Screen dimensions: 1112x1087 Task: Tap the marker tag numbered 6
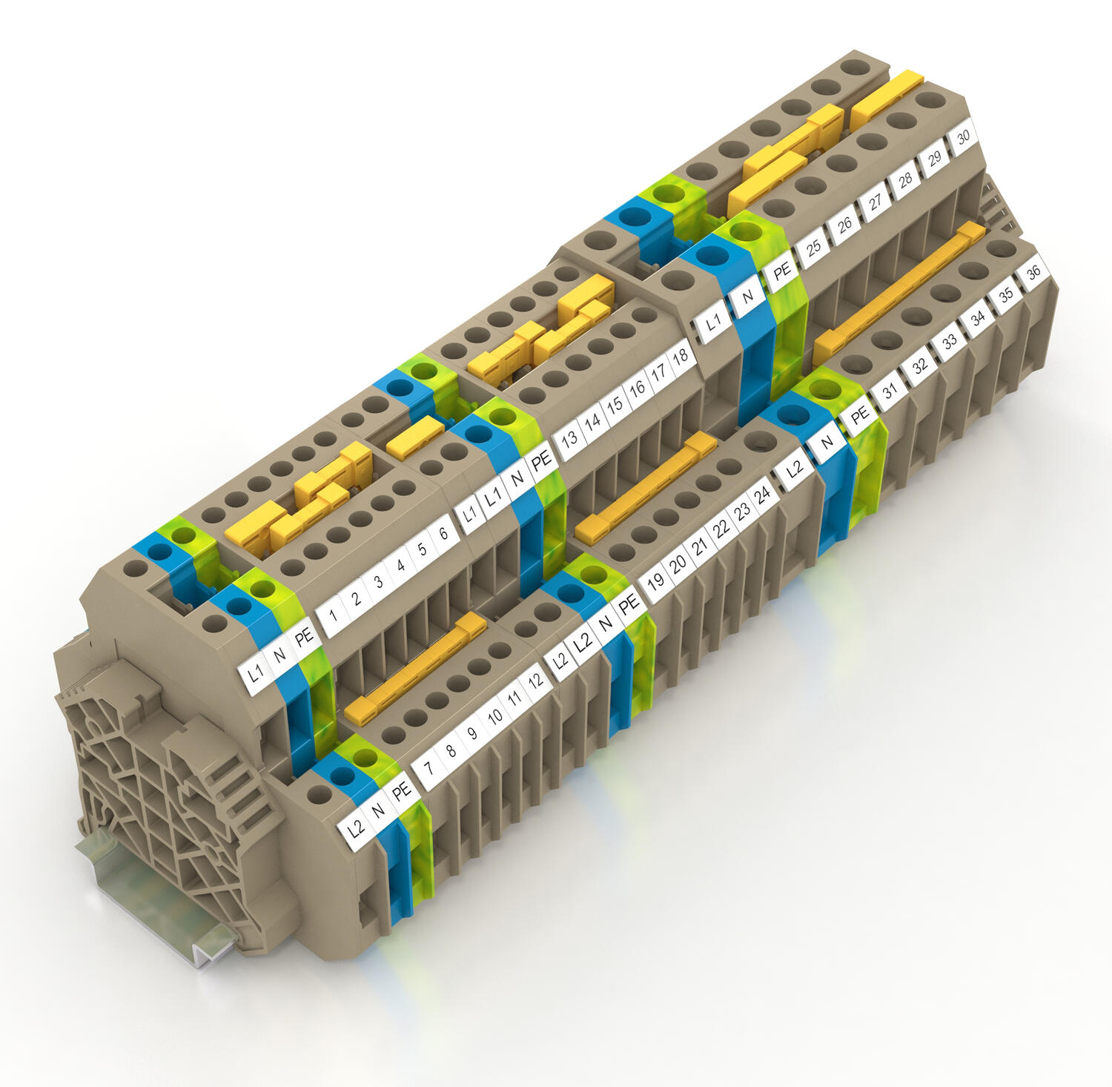click(443, 534)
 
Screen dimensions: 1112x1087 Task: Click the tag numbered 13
click(569, 437)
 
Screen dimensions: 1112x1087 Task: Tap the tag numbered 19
click(656, 580)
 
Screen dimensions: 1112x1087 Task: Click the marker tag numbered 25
click(813, 248)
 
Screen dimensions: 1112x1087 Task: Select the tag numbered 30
click(964, 138)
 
